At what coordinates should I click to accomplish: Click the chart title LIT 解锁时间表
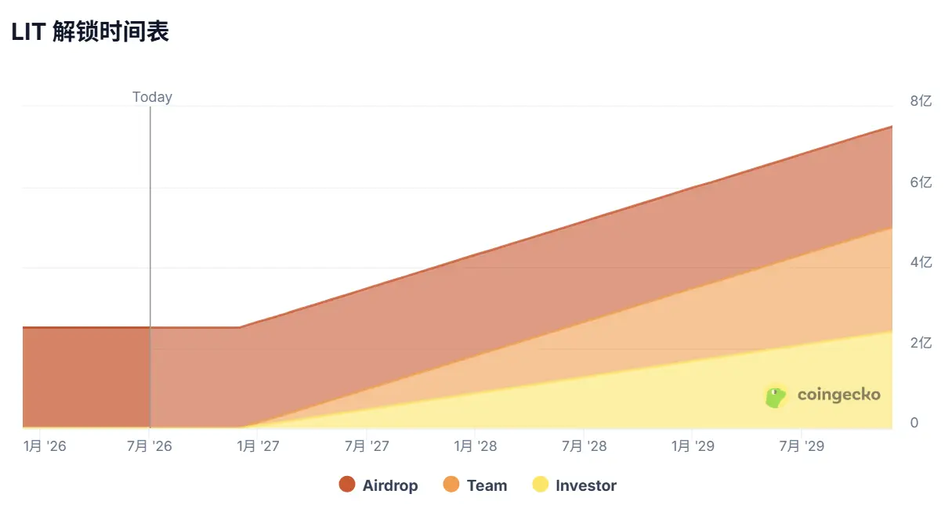[90, 32]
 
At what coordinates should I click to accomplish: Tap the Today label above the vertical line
[152, 97]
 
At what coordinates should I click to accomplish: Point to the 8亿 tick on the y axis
[921, 101]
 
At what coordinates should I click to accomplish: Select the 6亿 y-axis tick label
[921, 182]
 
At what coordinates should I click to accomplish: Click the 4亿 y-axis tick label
[921, 262]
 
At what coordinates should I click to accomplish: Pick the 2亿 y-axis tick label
[921, 343]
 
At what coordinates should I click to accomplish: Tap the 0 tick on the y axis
[914, 423]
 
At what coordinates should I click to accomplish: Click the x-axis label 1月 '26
[45, 446]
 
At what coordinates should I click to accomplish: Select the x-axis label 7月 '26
[149, 446]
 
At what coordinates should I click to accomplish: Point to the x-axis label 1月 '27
[258, 446]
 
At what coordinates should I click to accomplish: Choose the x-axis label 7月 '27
[367, 446]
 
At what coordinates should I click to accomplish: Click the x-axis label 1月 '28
[475, 446]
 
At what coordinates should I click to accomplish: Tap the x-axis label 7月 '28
[584, 446]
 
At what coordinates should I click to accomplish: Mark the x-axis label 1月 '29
[693, 446]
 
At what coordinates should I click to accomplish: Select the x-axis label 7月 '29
[801, 446]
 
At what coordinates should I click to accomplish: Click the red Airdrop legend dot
[347, 485]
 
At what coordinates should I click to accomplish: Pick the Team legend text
[487, 485]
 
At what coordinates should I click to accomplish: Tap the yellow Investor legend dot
[540, 485]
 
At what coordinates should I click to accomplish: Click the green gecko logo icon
[775, 396]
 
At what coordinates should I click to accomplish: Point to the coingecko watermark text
[839, 395]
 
